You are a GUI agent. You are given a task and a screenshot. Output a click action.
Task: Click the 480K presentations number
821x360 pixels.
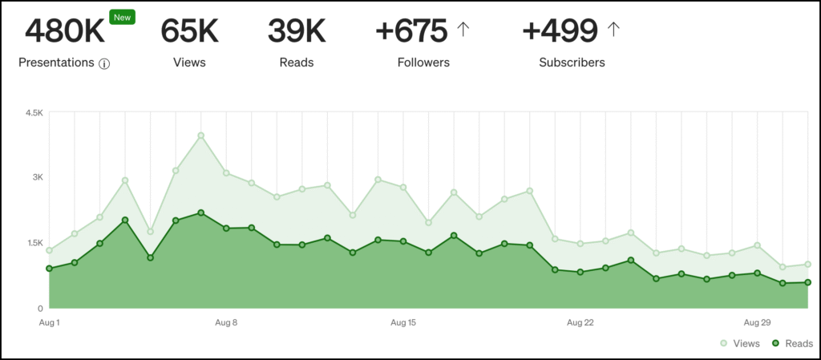point(65,31)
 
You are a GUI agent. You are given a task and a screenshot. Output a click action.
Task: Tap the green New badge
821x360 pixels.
point(123,16)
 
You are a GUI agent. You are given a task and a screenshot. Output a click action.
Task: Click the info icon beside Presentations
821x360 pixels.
point(104,63)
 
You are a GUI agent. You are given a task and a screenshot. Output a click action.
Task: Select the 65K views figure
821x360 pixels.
point(189,31)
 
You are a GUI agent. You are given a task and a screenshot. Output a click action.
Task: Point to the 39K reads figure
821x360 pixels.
point(297,31)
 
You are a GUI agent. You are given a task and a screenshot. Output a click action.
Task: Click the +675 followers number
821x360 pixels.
point(411,31)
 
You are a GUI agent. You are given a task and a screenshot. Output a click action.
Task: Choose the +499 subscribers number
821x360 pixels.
point(560,31)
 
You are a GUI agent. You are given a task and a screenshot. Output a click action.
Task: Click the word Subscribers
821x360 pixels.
point(572,62)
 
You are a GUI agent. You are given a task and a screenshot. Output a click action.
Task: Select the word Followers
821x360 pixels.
point(423,62)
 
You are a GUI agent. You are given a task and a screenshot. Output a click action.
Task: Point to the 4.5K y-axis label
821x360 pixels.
point(34,113)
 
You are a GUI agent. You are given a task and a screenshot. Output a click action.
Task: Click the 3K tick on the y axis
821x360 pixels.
point(37,177)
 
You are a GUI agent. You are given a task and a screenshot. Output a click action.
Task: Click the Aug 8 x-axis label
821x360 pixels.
point(226,323)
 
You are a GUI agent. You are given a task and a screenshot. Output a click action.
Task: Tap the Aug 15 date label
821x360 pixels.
point(403,323)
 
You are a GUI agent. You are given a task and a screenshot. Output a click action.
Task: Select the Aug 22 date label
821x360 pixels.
point(580,323)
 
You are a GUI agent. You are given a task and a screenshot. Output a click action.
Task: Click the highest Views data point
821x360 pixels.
point(201,136)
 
